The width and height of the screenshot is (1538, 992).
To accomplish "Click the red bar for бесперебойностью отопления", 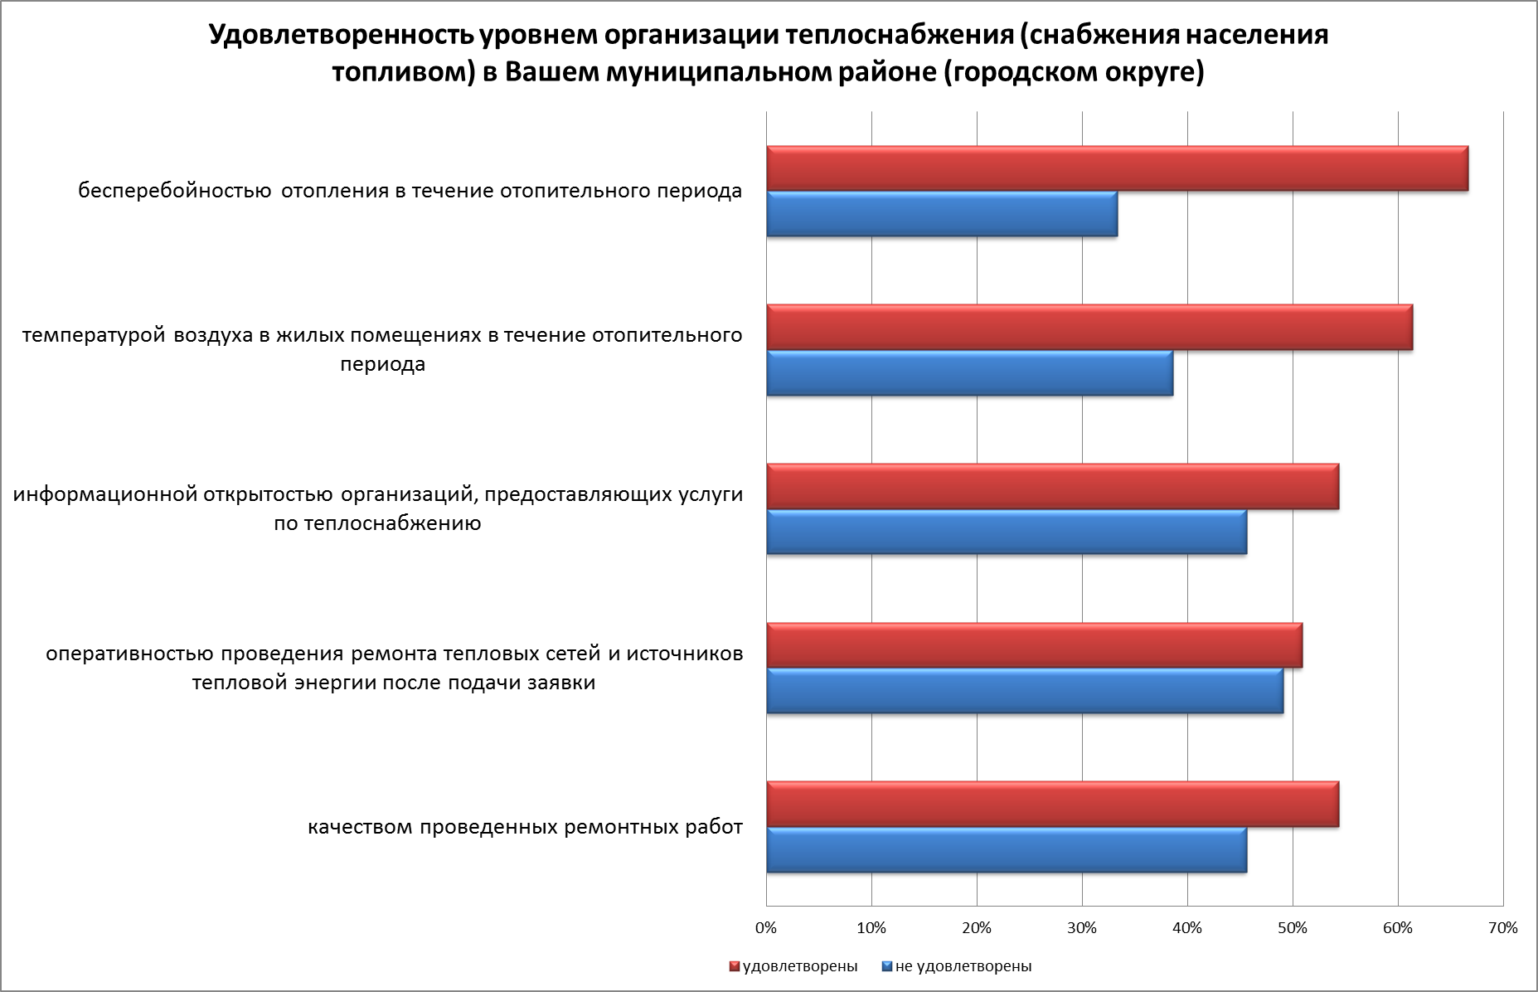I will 1117,168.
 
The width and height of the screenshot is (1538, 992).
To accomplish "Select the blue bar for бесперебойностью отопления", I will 942,214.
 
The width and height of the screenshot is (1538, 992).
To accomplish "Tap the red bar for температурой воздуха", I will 1089,328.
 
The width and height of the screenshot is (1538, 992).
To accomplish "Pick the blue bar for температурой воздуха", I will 969,373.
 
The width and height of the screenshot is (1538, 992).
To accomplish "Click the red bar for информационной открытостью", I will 1052,487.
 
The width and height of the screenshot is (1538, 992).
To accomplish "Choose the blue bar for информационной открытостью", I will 1007,532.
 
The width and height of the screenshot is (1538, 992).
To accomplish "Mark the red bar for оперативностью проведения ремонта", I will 1034,645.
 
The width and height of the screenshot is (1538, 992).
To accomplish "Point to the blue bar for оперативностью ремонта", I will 1025,691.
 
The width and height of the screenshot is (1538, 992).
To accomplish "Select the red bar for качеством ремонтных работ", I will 1052,805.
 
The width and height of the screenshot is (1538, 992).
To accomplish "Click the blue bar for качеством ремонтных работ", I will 1007,850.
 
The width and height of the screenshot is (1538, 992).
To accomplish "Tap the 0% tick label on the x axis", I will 766,928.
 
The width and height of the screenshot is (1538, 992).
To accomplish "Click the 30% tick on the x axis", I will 1082,928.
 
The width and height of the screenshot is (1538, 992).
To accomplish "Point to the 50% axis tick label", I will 1293,928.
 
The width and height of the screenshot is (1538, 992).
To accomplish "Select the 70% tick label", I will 1503,928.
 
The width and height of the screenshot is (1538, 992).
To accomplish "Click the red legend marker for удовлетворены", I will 734,966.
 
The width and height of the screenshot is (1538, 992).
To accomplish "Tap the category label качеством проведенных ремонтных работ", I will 525,828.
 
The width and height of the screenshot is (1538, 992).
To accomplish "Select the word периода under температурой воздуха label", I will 382,364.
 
